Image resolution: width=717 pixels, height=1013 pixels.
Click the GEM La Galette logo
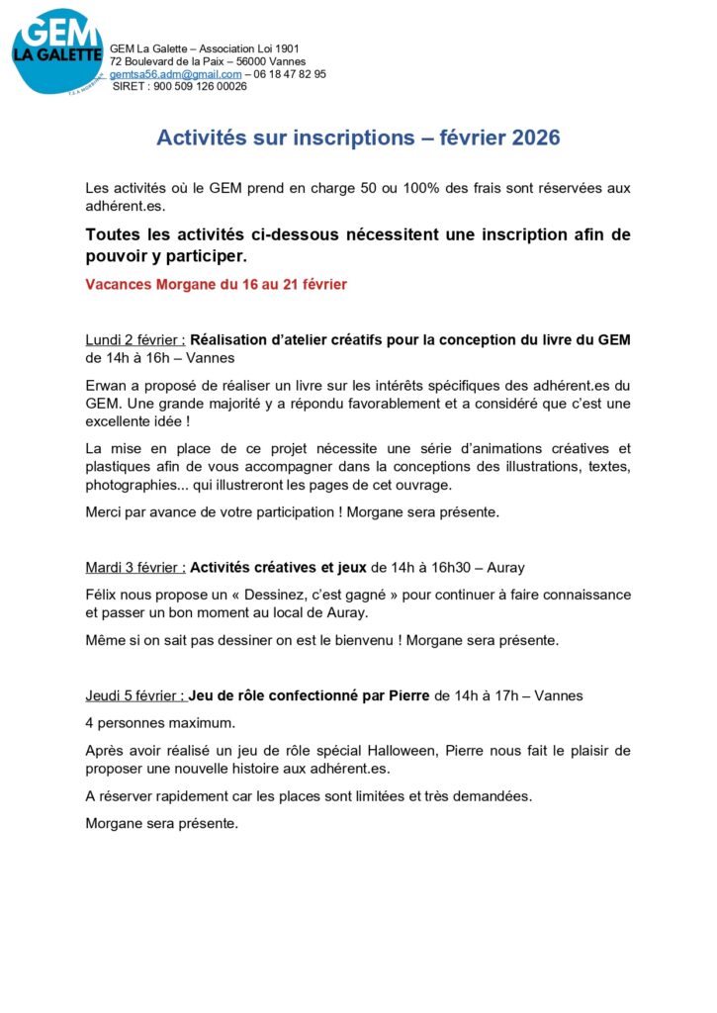[56, 51]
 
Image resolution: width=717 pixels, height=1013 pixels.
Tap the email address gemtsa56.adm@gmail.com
[175, 74]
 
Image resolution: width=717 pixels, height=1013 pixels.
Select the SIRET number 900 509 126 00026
[201, 86]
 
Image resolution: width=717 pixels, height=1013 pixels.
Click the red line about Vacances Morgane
[217, 285]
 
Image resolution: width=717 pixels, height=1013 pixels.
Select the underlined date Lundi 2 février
[134, 339]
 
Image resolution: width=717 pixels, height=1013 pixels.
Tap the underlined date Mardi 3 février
[135, 567]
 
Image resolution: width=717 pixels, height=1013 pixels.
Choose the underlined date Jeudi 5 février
[134, 695]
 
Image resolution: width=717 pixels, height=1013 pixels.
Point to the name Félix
[103, 595]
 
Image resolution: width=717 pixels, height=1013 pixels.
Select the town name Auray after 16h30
[504, 567]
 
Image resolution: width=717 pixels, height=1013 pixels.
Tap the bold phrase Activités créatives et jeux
[278, 567]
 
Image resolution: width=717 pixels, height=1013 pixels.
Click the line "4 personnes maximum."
[160, 722]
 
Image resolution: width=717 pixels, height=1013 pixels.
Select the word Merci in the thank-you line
[106, 512]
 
